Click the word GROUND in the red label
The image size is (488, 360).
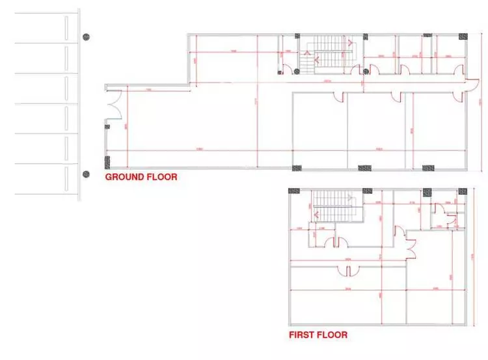coord(120,176)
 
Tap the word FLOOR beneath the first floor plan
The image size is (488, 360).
coord(332,335)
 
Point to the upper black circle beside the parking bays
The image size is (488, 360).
coord(85,37)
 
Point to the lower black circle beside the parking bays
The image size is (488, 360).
coord(85,174)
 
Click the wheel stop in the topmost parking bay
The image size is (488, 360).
coord(67,28)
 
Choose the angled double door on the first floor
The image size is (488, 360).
coord(409,246)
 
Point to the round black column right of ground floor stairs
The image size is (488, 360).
coord(366,71)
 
